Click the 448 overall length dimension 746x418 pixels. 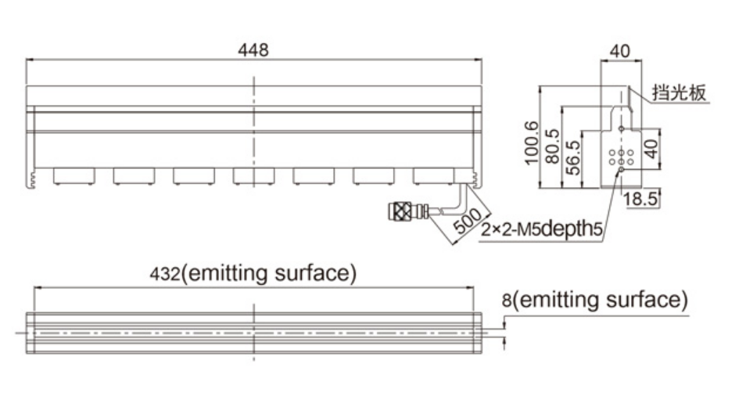[253, 50]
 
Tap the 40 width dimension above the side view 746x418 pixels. [620, 51]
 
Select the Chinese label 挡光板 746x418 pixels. [680, 92]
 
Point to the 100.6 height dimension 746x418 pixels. [532, 143]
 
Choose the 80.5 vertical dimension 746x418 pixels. [552, 146]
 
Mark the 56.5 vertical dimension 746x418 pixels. [573, 157]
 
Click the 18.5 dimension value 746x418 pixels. [640, 199]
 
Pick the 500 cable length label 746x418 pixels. [468, 221]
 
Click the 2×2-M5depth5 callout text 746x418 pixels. [542, 229]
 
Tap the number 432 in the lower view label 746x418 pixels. [165, 274]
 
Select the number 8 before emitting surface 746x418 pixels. [507, 301]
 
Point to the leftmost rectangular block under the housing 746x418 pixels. [74, 175]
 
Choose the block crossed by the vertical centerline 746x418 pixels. [253, 175]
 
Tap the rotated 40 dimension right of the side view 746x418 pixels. [652, 149]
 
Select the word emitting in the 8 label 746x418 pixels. [560, 301]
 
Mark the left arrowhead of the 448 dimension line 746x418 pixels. [30, 60]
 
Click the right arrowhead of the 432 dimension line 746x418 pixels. [470, 287]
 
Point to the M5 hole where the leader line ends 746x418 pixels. [621, 169]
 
